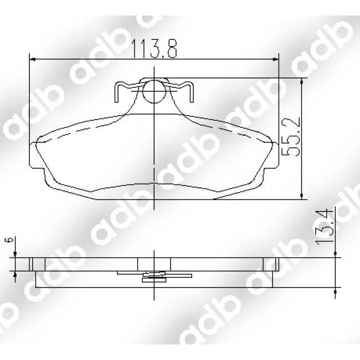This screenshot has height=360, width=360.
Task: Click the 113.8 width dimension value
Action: point(154,48)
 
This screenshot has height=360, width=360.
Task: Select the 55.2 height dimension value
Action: point(291,137)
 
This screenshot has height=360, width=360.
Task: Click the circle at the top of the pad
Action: point(154,91)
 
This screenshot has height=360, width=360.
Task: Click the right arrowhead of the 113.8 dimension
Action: point(275,59)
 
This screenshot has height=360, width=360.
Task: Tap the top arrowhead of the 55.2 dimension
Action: point(301,81)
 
